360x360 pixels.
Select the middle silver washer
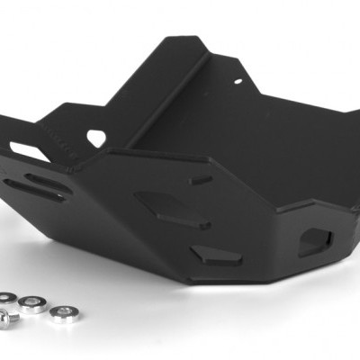click(35, 303)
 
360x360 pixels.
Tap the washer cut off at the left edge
click(6, 299)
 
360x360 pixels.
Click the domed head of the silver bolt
click(7, 318)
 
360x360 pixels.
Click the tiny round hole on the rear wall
click(238, 81)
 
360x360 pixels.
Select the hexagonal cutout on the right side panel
click(314, 240)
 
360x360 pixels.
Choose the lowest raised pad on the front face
click(216, 256)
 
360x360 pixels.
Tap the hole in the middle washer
click(35, 302)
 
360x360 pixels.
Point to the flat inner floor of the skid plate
click(270, 144)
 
